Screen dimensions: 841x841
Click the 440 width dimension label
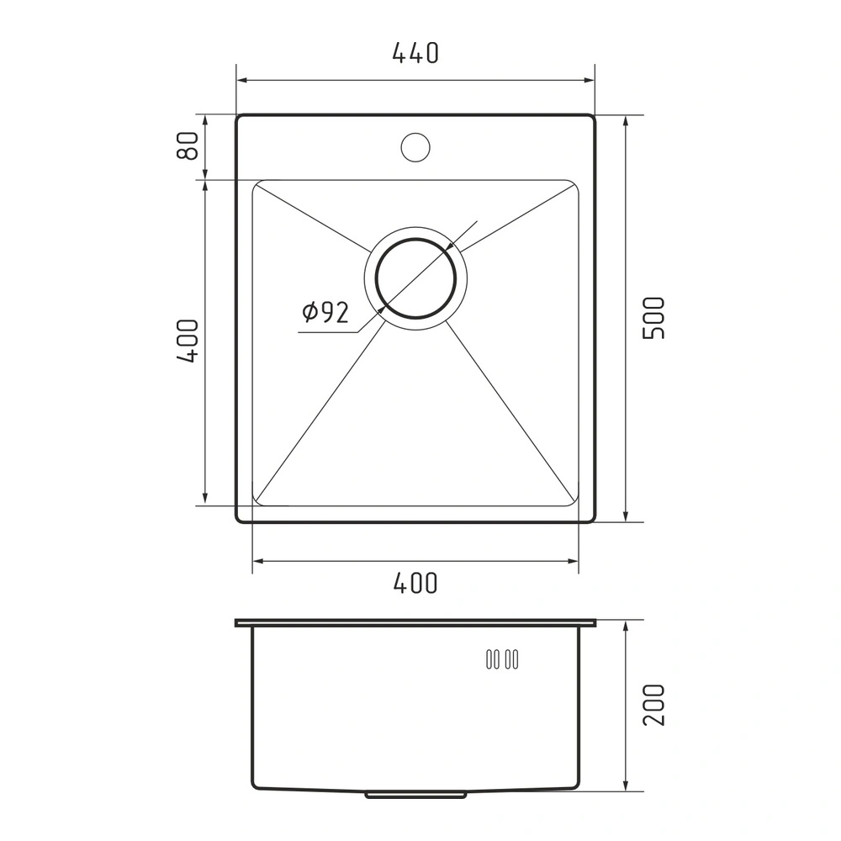click(415, 52)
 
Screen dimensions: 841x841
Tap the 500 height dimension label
click(653, 318)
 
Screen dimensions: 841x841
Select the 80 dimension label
click(188, 145)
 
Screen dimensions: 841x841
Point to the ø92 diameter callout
click(325, 312)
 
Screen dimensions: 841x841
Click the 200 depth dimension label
click(653, 705)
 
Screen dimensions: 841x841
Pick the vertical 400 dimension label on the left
click(188, 341)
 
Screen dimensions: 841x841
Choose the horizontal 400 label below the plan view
click(415, 583)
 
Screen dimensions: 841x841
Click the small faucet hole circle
click(415, 146)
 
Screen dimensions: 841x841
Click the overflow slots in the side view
click(502, 659)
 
